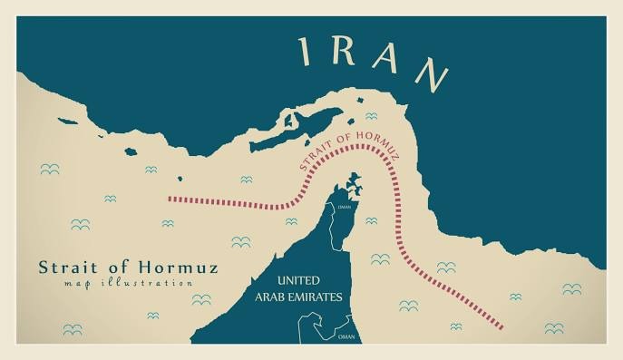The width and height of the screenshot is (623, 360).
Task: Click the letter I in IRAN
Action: tap(305, 52)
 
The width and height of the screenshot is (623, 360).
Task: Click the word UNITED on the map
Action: tap(299, 281)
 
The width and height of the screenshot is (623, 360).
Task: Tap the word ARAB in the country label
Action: tap(275, 297)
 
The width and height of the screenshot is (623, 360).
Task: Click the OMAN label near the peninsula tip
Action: tap(343, 208)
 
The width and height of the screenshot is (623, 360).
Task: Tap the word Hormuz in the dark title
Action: tap(180, 268)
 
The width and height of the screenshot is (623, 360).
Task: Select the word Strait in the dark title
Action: tap(65, 268)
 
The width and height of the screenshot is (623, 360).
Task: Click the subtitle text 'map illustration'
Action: tap(115, 284)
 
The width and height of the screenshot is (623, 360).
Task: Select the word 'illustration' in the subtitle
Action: tap(145, 284)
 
